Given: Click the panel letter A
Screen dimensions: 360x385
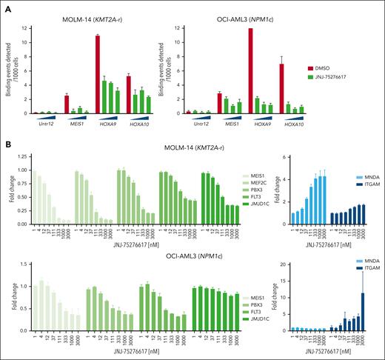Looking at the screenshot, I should point(5,4).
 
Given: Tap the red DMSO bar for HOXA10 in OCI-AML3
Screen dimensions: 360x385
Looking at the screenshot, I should point(281,87).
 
